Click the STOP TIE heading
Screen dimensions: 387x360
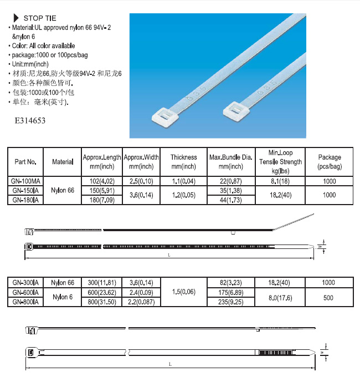(40, 18)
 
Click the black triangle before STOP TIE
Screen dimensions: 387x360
(16, 18)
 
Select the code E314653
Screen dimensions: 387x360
(27, 120)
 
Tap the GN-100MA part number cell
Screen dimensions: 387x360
(25, 181)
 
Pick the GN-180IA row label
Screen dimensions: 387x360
(25, 200)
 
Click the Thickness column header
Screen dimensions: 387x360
(183, 161)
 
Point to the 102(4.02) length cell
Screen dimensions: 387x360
(101, 181)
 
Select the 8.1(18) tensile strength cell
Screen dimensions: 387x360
(280, 181)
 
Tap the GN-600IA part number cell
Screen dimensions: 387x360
(25, 292)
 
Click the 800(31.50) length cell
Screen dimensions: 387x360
(101, 302)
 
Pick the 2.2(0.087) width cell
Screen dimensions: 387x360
(141, 302)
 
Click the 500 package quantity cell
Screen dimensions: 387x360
(328, 297)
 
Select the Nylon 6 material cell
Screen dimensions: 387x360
(63, 297)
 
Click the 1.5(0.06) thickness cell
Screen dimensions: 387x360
(183, 292)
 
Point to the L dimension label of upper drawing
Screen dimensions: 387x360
(169, 255)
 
